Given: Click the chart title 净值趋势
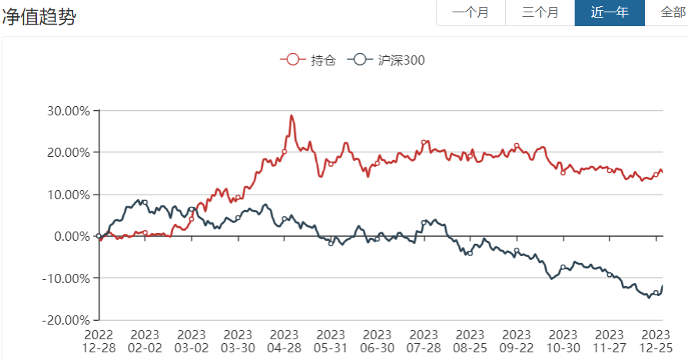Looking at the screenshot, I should [x=39, y=16].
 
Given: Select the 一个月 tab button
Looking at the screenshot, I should [x=470, y=12].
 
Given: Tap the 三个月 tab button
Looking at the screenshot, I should [x=540, y=12].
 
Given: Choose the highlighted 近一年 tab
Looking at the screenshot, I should [x=610, y=12].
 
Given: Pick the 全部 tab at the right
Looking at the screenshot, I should [x=672, y=12].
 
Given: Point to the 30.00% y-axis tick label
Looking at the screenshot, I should [x=68, y=111].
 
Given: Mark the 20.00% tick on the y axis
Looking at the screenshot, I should [x=68, y=152].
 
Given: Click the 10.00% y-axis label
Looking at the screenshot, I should [x=68, y=195].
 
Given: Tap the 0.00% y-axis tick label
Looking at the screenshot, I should [x=71, y=236].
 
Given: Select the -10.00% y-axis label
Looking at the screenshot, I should [x=67, y=278].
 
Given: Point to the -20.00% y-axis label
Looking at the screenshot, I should [x=67, y=320].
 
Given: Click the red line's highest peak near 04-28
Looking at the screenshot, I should [x=291, y=116].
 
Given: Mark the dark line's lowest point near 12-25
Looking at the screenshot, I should [x=649, y=297].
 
